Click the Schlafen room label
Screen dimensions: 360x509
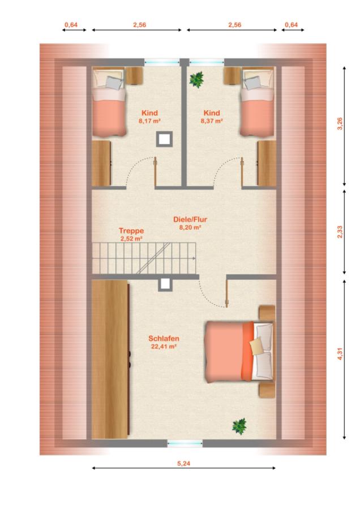pos(164,338)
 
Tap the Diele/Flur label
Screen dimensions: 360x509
pos(190,219)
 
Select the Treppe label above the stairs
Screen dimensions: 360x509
pos(131,231)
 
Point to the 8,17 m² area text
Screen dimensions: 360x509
pos(150,121)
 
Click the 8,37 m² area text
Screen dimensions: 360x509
pos(212,121)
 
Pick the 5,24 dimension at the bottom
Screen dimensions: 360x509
pos(184,463)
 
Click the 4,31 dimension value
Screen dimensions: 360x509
pos(340,353)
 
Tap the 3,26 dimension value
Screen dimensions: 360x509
pos(340,124)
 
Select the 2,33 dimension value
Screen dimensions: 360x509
pos(340,232)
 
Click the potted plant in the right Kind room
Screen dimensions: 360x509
pos(196,79)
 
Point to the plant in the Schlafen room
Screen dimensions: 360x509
pos(239,426)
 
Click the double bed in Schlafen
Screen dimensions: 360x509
pos(239,351)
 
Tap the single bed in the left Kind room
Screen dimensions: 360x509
pos(109,101)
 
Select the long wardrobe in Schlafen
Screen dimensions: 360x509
pos(111,360)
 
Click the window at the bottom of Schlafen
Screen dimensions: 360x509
pos(185,443)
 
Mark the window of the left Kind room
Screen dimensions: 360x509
pos(162,62)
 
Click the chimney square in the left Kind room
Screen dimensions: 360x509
pos(165,139)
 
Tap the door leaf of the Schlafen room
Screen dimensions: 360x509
pos(227,294)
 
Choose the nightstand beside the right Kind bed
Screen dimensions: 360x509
pos(232,76)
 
